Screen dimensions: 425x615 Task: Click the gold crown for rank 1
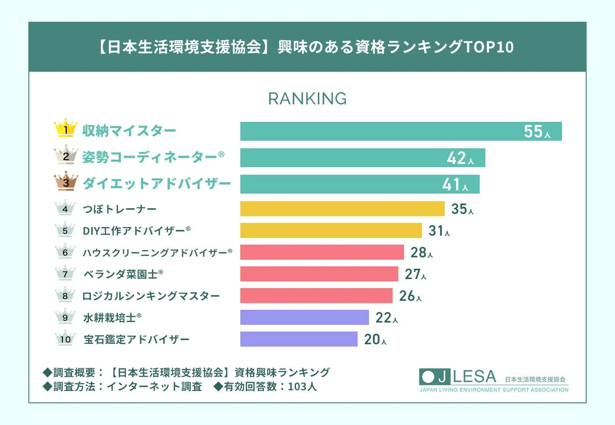pyautogui.click(x=66, y=128)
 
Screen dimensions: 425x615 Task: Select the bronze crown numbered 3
pyautogui.click(x=66, y=182)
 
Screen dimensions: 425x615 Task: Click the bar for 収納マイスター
pyautogui.click(x=401, y=131)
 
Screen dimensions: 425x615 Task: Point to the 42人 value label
pyautogui.click(x=460, y=159)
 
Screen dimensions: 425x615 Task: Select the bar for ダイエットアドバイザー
pyautogui.click(x=360, y=184)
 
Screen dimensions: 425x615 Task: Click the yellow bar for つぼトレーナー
pyautogui.click(x=342, y=209)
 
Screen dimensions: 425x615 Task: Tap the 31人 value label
pyautogui.click(x=439, y=231)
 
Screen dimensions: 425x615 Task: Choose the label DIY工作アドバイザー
pyautogui.click(x=136, y=230)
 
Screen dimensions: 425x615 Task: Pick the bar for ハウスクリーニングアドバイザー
pyautogui.click(x=322, y=252)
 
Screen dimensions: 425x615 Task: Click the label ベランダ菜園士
pyautogui.click(x=123, y=274)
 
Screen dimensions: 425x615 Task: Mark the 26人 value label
pyautogui.click(x=410, y=296)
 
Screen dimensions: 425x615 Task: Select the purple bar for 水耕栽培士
pyautogui.click(x=304, y=317)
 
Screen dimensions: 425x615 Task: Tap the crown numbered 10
pyautogui.click(x=65, y=339)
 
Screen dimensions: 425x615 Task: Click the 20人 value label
pyautogui.click(x=375, y=340)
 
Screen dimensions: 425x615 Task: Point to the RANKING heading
pyautogui.click(x=307, y=99)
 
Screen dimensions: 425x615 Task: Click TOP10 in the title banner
pyautogui.click(x=490, y=47)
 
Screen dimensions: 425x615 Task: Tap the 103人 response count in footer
pyautogui.click(x=303, y=387)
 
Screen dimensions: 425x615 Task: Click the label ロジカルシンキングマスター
pyautogui.click(x=151, y=296)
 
